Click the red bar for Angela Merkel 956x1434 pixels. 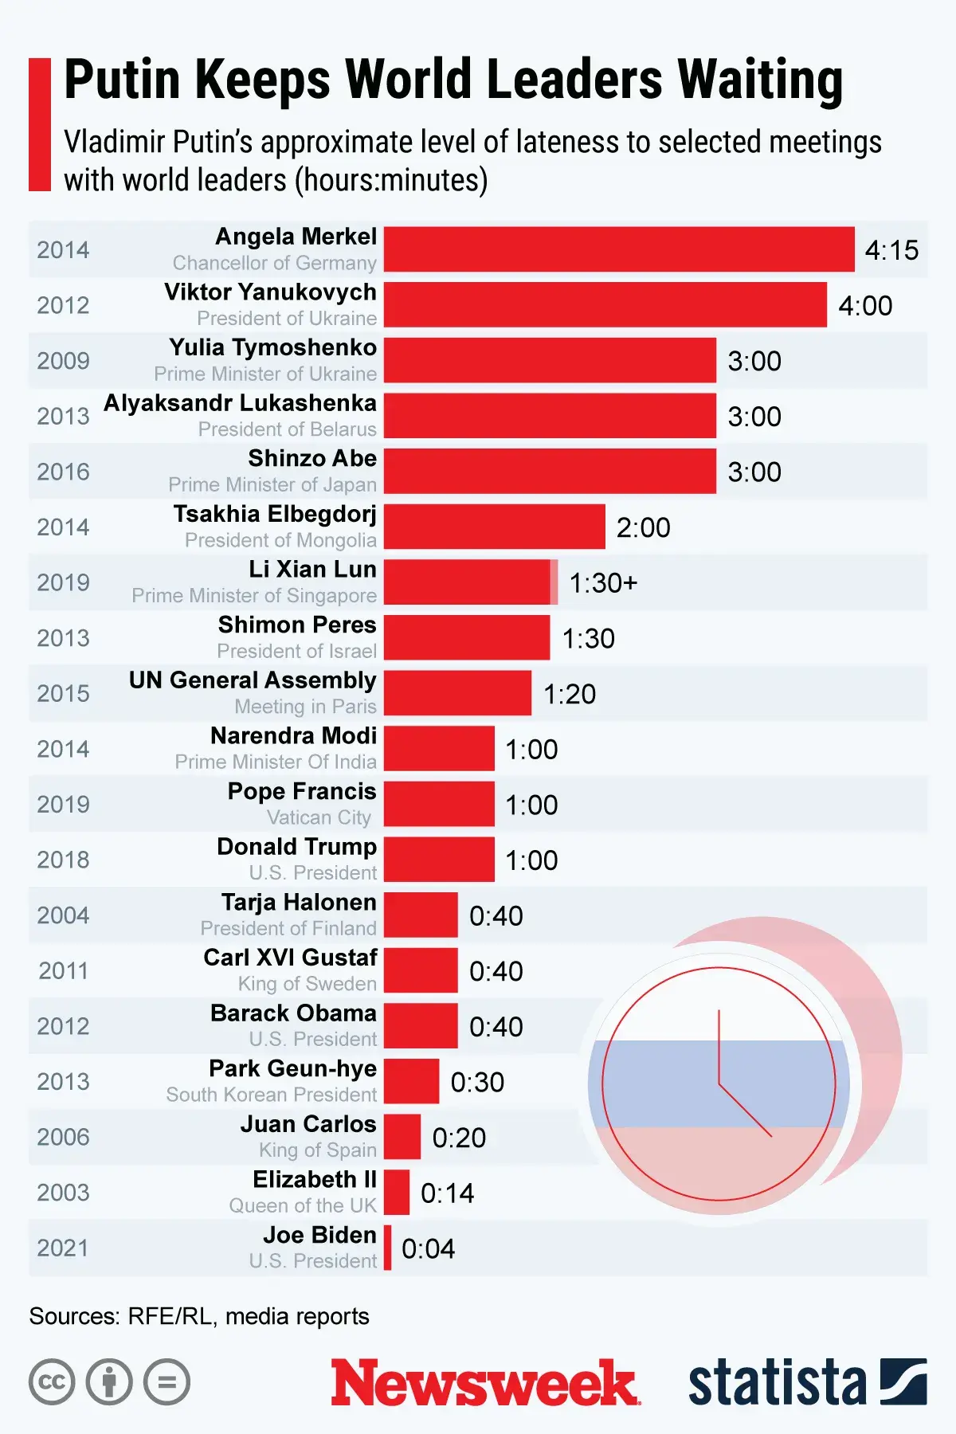click(619, 249)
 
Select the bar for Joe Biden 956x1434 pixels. click(388, 1248)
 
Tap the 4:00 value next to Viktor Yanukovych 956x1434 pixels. click(865, 306)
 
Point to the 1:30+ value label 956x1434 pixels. click(603, 583)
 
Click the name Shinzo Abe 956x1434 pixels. click(312, 459)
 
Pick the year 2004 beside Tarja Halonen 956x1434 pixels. click(63, 915)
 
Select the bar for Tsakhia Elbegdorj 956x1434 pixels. click(494, 527)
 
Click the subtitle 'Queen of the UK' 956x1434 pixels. click(303, 1205)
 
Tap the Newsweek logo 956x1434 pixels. click(485, 1383)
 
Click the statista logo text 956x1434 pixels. click(777, 1383)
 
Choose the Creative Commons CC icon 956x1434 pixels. click(52, 1382)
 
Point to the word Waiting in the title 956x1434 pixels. click(760, 80)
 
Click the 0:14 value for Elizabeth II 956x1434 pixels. click(447, 1193)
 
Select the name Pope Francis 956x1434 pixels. click(302, 791)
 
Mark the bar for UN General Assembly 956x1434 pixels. click(457, 693)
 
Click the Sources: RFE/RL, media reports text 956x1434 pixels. click(199, 1316)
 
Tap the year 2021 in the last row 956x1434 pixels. click(63, 1248)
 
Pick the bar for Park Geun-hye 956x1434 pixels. click(411, 1081)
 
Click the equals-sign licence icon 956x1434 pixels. click(167, 1382)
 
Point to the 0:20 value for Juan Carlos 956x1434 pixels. click(459, 1138)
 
